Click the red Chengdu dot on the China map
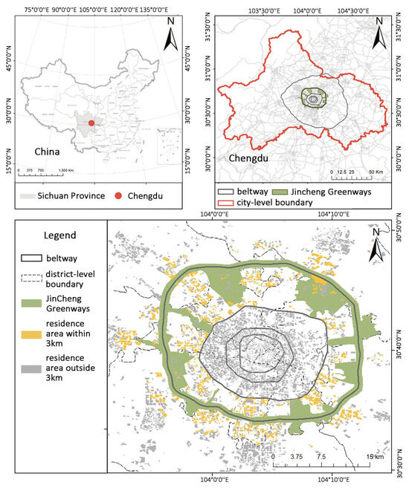91,123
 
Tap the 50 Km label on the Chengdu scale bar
376,172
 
